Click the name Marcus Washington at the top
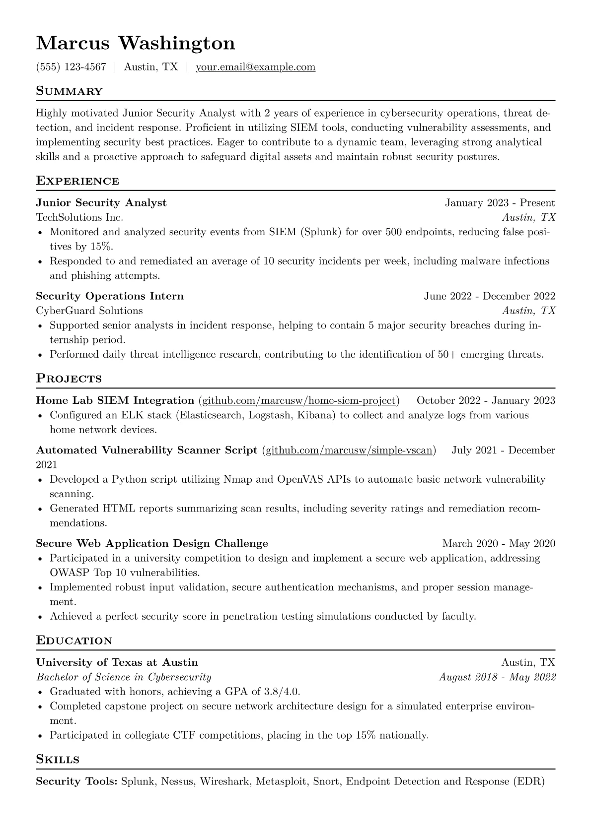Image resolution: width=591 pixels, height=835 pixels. pyautogui.click(x=136, y=43)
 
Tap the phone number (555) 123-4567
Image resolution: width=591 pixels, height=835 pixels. pyautogui.click(x=71, y=67)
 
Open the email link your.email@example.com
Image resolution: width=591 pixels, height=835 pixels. pyautogui.click(x=255, y=67)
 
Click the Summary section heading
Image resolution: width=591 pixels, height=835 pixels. pyautogui.click(x=70, y=91)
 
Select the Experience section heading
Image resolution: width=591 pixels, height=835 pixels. pyautogui.click(x=77, y=181)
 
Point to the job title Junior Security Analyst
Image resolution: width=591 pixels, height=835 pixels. pyautogui.click(x=101, y=203)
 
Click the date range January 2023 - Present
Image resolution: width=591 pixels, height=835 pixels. pyautogui.click(x=500, y=203)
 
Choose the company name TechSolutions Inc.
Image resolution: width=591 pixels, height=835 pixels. pyautogui.click(x=79, y=217)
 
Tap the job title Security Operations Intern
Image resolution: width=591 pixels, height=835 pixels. pyautogui.click(x=110, y=296)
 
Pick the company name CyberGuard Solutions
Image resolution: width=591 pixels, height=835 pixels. pyautogui.click(x=89, y=311)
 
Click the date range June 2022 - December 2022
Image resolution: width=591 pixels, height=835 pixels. pyautogui.click(x=489, y=296)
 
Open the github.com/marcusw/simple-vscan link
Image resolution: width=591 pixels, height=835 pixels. pyautogui.click(x=349, y=450)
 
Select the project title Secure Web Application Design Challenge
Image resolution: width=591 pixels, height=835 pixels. pyautogui.click(x=152, y=544)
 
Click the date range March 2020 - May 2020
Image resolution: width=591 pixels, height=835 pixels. pyautogui.click(x=499, y=544)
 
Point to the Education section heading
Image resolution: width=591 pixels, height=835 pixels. pyautogui.click(x=74, y=641)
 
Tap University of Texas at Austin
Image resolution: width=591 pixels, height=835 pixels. pyautogui.click(x=117, y=662)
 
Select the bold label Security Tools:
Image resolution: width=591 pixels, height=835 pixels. pyautogui.click(x=76, y=781)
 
